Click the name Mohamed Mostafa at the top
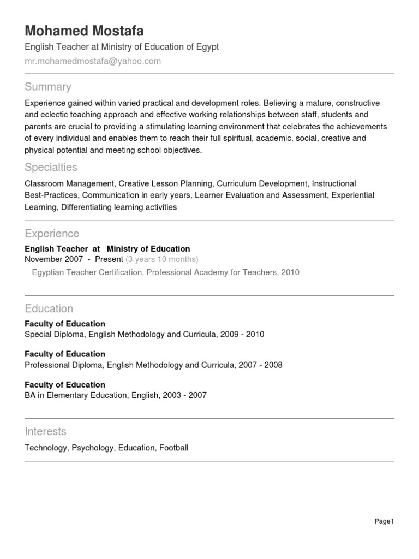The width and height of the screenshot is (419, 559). tap(85, 31)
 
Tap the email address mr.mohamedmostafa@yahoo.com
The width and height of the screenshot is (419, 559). tap(93, 61)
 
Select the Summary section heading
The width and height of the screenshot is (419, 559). tap(48, 87)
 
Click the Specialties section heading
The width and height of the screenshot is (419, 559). tap(51, 167)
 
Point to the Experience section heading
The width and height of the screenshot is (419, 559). tap(52, 234)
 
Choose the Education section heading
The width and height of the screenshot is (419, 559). tap(49, 309)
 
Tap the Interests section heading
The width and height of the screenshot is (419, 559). tap(45, 431)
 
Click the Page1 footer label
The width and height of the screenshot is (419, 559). tap(384, 521)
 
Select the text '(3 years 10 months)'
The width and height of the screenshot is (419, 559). tap(162, 259)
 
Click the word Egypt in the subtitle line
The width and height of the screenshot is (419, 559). tap(207, 47)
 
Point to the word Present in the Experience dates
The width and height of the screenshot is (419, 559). tap(109, 259)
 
